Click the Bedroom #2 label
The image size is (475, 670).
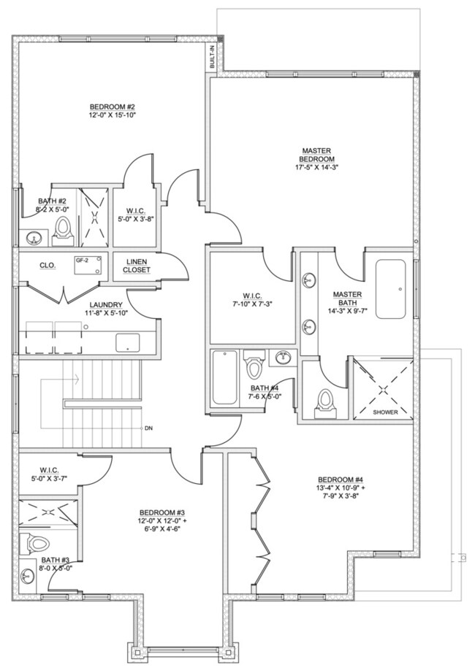113,107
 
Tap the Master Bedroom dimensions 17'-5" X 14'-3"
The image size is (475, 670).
316,168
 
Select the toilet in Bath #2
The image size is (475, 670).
62,232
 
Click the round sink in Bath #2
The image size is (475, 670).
33,238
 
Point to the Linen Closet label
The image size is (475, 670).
137,266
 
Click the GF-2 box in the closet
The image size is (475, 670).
88,266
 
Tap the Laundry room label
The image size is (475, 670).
106,305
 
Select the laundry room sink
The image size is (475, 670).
128,343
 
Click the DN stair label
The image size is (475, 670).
148,428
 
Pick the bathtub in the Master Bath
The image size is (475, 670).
390,289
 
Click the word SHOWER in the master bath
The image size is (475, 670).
385,412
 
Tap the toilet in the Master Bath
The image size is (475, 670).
325,404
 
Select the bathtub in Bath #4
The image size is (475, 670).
224,377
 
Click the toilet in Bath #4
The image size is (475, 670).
254,363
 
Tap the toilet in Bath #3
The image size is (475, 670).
35,544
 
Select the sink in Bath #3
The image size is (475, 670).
27,577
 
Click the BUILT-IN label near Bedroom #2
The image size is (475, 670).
212,57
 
